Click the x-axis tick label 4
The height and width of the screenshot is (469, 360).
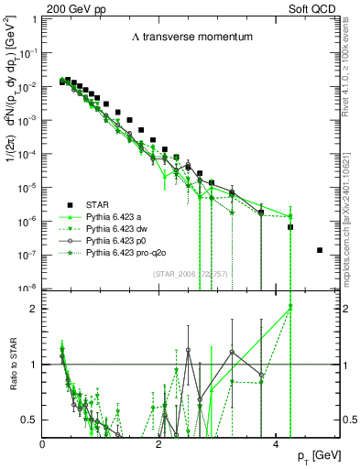pos(277,444)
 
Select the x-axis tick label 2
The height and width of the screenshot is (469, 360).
pos(159,444)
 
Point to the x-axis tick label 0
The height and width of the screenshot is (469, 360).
pos(43,444)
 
